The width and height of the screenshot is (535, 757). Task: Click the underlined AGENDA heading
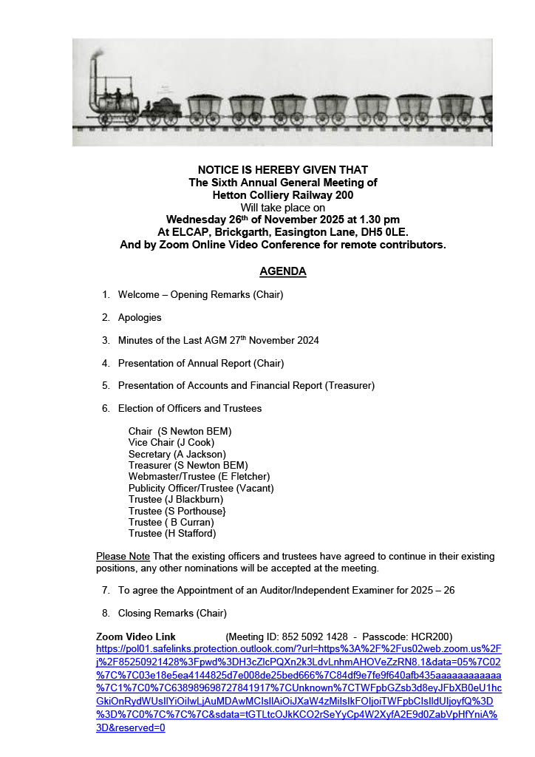coord(282,271)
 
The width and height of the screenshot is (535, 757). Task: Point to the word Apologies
coord(140,318)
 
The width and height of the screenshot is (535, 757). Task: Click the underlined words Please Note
coord(123,556)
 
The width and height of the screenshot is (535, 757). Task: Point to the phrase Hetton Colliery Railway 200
coord(282,195)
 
